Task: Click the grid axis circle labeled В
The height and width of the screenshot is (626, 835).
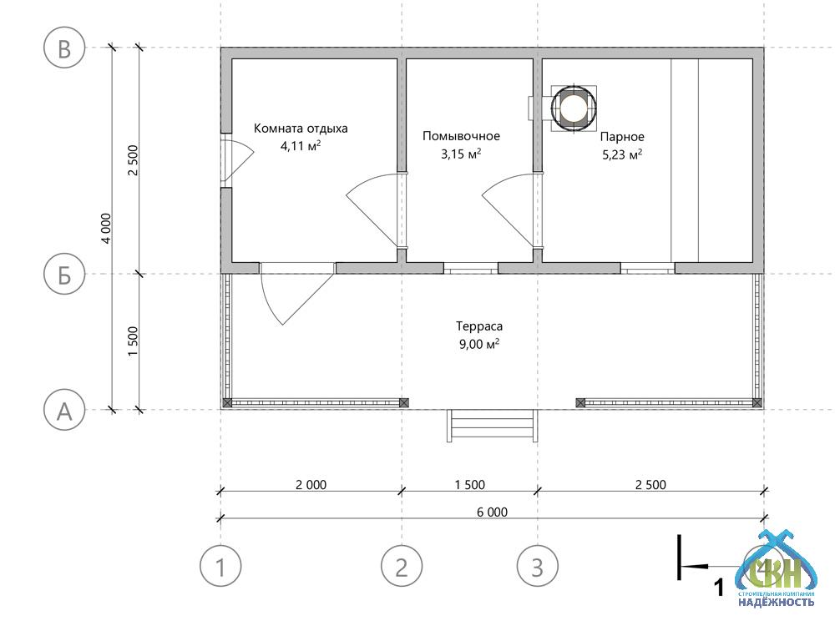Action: click(64, 48)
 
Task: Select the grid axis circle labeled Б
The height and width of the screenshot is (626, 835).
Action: click(64, 274)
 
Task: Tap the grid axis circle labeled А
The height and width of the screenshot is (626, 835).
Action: click(64, 410)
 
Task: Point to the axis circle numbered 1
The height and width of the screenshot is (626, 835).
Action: click(220, 567)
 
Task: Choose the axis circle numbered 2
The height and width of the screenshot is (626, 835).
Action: click(402, 567)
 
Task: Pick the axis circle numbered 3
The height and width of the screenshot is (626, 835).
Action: click(537, 567)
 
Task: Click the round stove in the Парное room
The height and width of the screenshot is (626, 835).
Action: click(574, 108)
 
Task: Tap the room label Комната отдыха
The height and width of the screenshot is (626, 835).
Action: click(301, 129)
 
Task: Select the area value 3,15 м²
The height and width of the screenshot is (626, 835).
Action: click(461, 154)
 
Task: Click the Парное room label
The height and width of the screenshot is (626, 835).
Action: click(622, 137)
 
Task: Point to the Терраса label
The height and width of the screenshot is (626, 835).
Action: click(479, 326)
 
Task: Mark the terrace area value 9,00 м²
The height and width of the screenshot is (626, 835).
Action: click(479, 344)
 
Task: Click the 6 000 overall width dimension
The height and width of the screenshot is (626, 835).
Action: click(492, 512)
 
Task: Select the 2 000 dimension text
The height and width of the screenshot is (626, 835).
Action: click(311, 485)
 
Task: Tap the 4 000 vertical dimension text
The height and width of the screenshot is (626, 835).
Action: click(107, 229)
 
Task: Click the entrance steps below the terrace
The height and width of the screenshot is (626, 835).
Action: click(492, 426)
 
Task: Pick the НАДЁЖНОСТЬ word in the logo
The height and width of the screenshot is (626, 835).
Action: click(776, 602)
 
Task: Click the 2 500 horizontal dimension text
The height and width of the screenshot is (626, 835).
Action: click(650, 485)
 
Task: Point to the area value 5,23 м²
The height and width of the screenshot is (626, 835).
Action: click(622, 155)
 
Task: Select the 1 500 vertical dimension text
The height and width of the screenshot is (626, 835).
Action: click(133, 341)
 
